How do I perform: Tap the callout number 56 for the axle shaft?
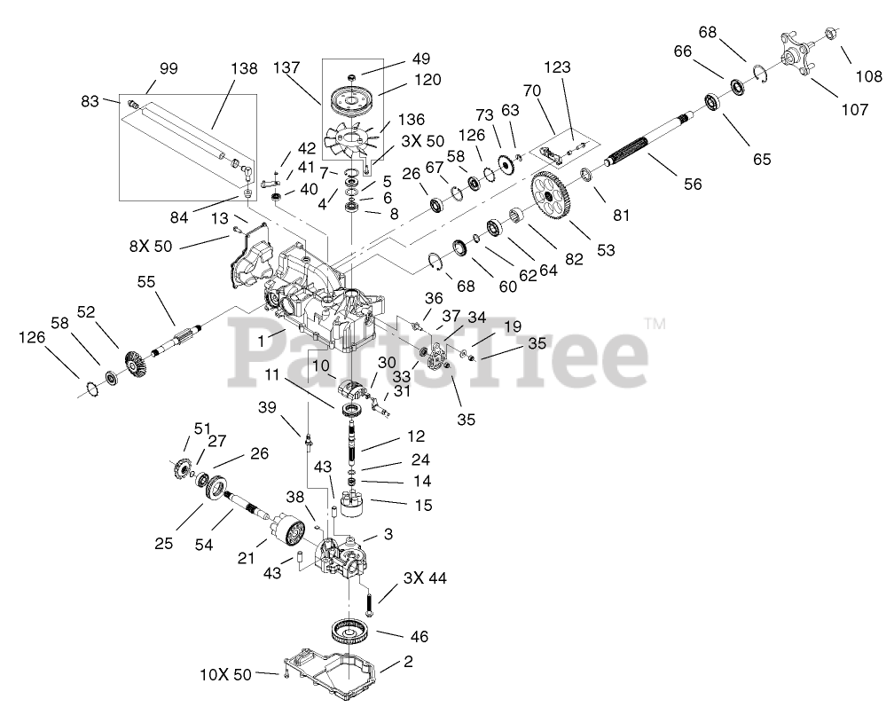[x=693, y=185]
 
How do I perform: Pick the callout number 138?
[x=245, y=67]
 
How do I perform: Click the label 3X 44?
[x=425, y=578]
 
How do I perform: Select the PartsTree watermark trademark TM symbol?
[x=655, y=323]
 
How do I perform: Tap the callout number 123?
[x=558, y=67]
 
